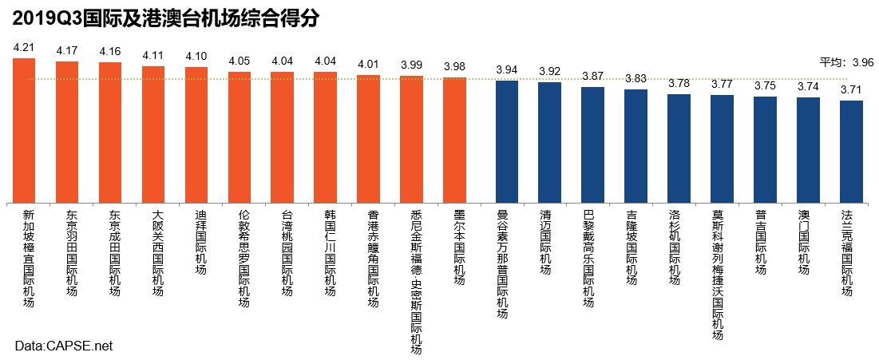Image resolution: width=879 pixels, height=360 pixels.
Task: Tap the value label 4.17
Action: (67, 51)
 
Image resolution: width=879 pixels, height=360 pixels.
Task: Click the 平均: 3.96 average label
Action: (847, 62)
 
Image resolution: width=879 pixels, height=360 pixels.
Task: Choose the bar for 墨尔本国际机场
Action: (454, 139)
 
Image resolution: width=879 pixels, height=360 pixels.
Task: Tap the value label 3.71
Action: (852, 91)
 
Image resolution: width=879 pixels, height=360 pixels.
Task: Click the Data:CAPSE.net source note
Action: (64, 346)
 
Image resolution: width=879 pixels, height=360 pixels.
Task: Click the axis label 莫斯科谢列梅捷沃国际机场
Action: (718, 275)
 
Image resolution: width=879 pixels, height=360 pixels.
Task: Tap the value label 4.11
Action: (153, 56)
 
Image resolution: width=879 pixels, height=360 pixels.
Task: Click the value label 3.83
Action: (635, 79)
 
